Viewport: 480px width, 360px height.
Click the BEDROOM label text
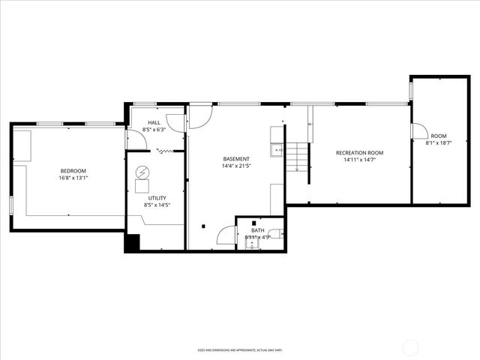(x=73, y=171)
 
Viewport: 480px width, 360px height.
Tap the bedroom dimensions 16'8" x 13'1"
(x=73, y=178)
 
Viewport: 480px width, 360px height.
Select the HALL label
(x=154, y=122)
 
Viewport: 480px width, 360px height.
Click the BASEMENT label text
(x=236, y=159)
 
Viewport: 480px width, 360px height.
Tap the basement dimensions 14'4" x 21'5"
(x=236, y=166)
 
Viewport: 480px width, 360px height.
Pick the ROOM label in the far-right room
(x=438, y=136)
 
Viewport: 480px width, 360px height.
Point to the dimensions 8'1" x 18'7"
(x=438, y=143)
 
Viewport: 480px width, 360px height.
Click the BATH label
(x=257, y=230)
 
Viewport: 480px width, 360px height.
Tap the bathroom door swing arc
(x=225, y=235)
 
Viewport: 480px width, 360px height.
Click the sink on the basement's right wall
(x=277, y=149)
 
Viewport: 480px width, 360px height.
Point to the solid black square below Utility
(x=132, y=243)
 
